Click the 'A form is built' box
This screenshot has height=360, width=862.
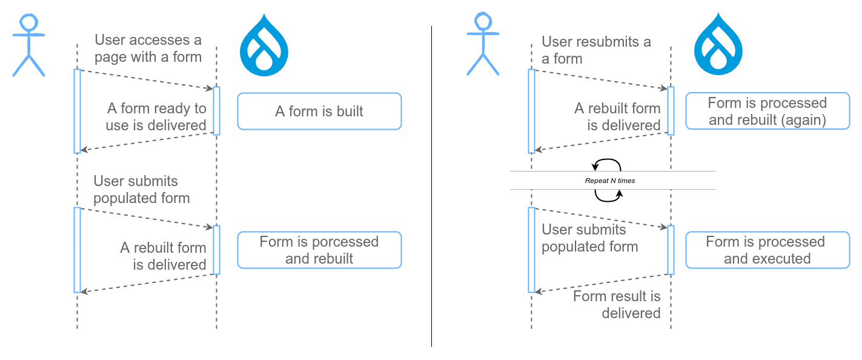point(319,111)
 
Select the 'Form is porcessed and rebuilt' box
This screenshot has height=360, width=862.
point(319,250)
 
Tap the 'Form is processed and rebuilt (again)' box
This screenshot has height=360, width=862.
point(767,111)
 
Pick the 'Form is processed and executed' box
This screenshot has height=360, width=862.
point(767,250)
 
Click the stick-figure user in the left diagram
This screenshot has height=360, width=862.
point(28,45)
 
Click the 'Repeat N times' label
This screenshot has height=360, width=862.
point(609,181)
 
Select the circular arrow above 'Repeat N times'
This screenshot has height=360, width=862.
point(606,165)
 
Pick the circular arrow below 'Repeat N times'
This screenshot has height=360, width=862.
point(608,195)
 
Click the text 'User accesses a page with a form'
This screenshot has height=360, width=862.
point(148,49)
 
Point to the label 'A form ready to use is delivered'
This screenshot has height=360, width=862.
point(156,117)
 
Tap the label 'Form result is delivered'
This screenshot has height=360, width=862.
point(617,304)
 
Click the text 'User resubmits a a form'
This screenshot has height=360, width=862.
point(596,50)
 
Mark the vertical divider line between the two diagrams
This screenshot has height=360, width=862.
point(431,182)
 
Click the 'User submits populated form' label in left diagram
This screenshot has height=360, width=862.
point(141,190)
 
